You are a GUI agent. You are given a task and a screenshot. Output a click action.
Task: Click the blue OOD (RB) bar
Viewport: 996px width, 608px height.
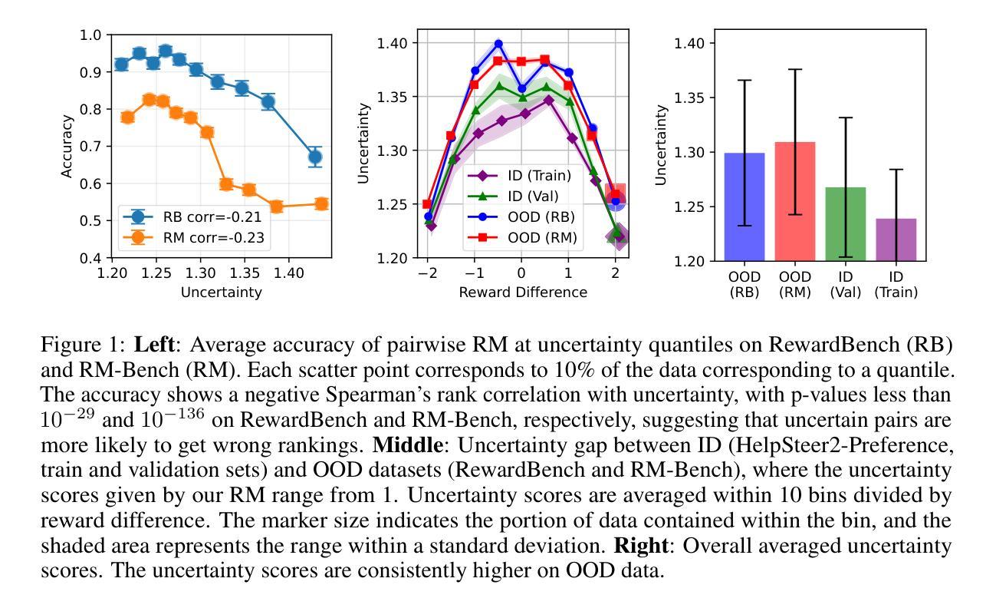pyautogui.click(x=745, y=207)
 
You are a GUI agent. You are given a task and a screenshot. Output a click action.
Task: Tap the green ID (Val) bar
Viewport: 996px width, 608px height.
pyautogui.click(x=846, y=224)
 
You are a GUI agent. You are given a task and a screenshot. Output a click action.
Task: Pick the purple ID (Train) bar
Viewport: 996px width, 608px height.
pyautogui.click(x=896, y=240)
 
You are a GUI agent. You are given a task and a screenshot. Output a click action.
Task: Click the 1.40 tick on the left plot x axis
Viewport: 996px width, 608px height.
pyautogui.click(x=288, y=273)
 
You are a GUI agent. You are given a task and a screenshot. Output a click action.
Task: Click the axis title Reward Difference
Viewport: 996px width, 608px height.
pyautogui.click(x=523, y=292)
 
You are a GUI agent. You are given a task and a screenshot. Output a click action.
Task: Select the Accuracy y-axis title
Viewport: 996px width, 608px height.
pyautogui.click(x=67, y=146)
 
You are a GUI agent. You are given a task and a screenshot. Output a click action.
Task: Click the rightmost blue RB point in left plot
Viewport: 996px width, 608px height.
pyautogui.click(x=315, y=157)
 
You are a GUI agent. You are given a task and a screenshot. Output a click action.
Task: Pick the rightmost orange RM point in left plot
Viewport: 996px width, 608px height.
pyautogui.click(x=321, y=204)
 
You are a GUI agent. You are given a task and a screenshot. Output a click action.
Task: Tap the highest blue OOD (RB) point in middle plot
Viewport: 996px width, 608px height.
pyautogui.click(x=498, y=44)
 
